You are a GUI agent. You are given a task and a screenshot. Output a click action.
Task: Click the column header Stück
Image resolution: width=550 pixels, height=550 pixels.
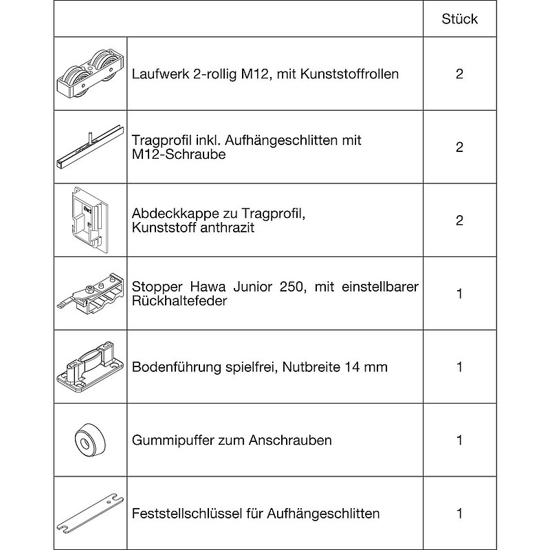459,19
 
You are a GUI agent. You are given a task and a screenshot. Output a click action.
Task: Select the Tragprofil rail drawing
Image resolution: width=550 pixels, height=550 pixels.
89,146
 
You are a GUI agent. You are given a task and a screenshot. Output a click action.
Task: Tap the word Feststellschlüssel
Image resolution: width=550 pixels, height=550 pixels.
184,514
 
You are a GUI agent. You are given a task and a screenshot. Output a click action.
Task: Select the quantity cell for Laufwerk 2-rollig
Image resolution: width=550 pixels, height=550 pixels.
459,74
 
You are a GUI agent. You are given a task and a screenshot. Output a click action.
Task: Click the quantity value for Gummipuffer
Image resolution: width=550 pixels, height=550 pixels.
459,440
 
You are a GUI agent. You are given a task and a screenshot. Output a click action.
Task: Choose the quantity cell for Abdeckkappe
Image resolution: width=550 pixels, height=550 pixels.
459,220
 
